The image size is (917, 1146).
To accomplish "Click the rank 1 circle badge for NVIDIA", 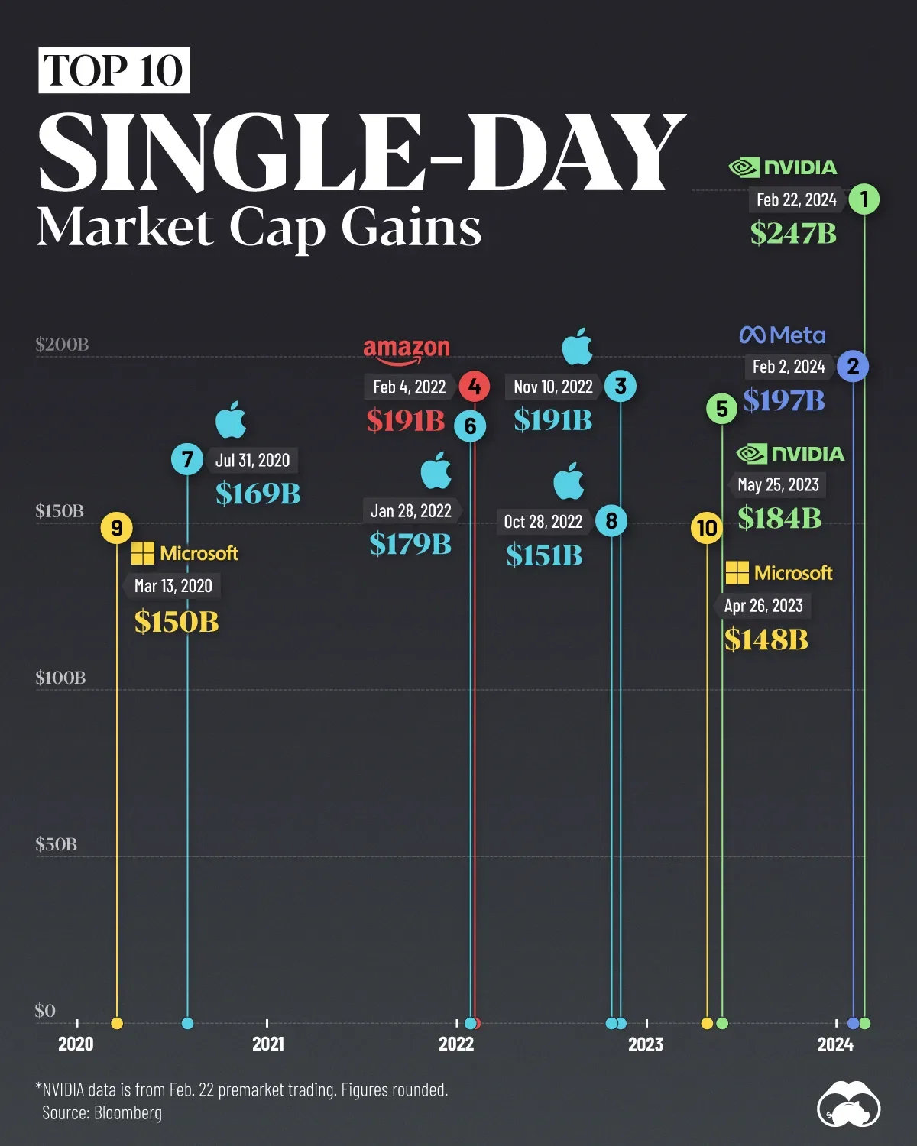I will [x=864, y=199].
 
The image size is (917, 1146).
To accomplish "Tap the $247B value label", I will [x=793, y=233].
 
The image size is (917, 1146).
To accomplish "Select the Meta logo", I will [x=783, y=335].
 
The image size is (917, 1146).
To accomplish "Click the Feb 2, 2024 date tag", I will [x=789, y=367].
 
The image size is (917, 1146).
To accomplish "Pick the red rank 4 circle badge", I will [x=475, y=387].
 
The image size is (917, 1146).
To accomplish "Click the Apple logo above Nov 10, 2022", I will [x=578, y=347].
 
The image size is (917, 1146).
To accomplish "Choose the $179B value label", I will [x=410, y=544].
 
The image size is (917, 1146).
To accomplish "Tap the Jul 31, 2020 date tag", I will [x=252, y=460].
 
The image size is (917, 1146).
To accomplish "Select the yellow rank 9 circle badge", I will [x=117, y=528].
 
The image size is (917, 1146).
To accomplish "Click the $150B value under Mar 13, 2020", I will [x=177, y=622].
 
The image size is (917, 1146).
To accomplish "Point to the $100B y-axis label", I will [x=60, y=678].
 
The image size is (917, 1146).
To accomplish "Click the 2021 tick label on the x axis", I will [x=267, y=1044].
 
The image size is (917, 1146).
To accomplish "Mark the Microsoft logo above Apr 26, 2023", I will [x=779, y=573].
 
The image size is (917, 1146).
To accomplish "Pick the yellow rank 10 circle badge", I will [x=707, y=528].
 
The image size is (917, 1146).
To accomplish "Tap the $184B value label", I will [x=779, y=519].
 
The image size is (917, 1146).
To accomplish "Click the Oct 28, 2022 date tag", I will [x=543, y=522].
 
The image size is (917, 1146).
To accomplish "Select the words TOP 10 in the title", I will [x=114, y=70].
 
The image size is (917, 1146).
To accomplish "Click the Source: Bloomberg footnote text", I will [x=102, y=1112].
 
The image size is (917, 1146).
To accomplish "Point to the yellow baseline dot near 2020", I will [x=117, y=1023].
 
